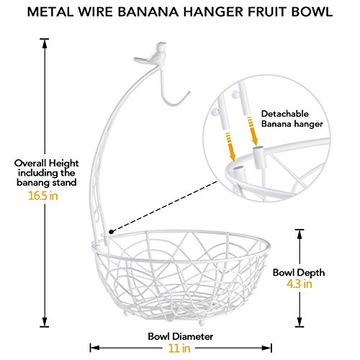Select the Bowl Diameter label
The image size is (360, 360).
pyautogui.click(x=186, y=335)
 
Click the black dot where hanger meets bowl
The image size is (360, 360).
pyautogui.click(x=109, y=232)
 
